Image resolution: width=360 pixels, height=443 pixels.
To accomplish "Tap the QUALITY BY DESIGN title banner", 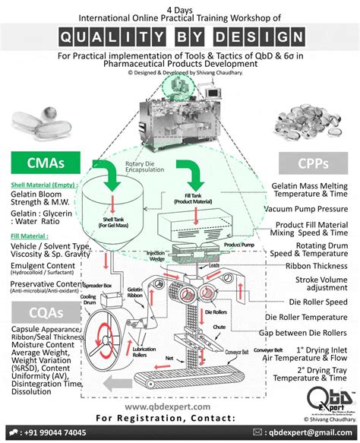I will coord(179,36).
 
